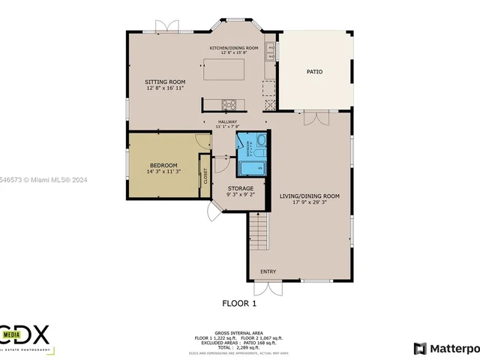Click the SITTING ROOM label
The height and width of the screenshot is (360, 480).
coord(165,82)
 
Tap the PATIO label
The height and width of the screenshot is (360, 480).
coord(314,72)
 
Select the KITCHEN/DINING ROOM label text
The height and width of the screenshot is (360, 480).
coord(233,48)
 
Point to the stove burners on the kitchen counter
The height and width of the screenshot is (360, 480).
coord(229,105)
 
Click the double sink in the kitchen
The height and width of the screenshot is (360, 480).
coord(271,50)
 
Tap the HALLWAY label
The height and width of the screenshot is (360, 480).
coord(227,121)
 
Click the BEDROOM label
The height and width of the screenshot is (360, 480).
coord(163,165)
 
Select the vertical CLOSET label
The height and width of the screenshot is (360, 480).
coord(205,176)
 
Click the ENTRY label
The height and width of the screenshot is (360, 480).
coord(268,271)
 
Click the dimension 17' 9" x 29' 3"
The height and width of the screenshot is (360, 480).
coord(309,202)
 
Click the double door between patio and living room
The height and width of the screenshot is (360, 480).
coord(316,117)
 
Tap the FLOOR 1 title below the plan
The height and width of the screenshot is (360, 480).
coord(239,304)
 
